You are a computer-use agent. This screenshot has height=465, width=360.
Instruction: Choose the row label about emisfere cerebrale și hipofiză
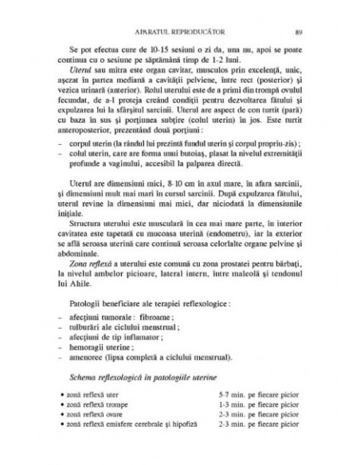click(132, 425)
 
